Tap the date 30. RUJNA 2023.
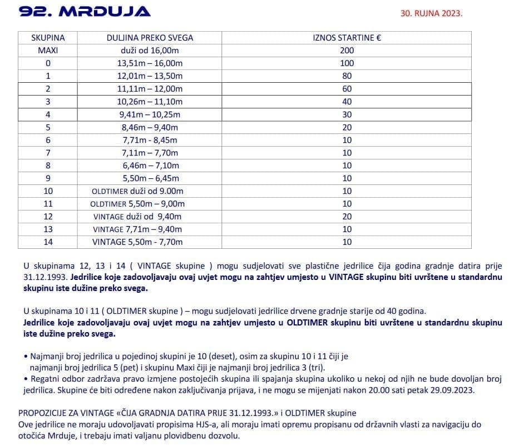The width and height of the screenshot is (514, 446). [431, 13]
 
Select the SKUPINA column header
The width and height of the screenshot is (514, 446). [48, 38]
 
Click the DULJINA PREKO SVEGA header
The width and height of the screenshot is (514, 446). [150, 38]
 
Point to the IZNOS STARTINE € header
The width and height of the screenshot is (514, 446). [347, 38]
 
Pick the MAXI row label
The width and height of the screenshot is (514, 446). [48, 51]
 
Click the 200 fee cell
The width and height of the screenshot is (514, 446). [347, 51]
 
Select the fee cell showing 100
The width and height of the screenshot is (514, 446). [347, 63]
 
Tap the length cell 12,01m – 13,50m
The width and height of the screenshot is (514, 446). [150, 76]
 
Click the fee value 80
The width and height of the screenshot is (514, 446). [347, 76]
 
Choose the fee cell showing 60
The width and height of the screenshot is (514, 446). [347, 89]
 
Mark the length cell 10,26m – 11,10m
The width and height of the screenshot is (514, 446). [150, 102]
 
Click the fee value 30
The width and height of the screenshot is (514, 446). [347, 114]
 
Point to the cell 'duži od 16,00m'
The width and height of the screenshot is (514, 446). [150, 51]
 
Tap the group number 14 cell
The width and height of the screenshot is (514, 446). [48, 242]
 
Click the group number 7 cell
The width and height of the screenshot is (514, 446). [48, 153]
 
